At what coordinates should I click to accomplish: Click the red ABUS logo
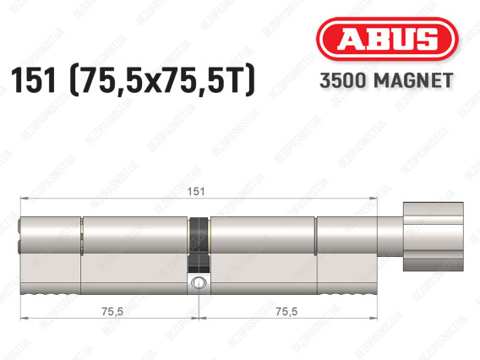click(387, 39)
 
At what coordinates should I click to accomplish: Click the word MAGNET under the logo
click(413, 80)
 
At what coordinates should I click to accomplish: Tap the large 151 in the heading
click(33, 80)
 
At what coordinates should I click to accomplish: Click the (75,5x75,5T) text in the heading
click(162, 80)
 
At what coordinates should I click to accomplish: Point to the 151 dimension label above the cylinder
click(196, 192)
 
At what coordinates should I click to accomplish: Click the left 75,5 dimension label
click(112, 312)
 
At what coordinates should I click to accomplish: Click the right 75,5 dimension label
click(286, 312)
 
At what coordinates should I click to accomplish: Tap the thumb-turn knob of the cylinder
click(433, 237)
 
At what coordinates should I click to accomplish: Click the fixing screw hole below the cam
click(199, 282)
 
